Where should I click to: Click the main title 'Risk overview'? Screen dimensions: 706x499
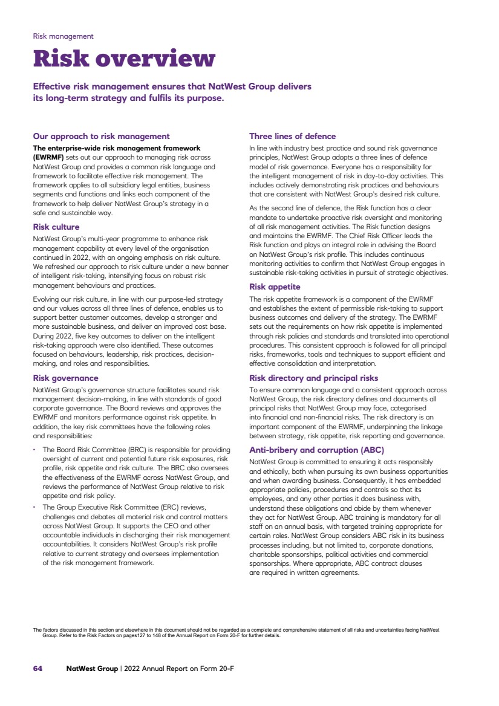[x=124, y=59]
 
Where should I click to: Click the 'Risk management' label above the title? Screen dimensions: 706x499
[x=63, y=36]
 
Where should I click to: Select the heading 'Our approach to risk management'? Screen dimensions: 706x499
[x=101, y=137]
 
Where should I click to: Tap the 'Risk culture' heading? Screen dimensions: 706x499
[x=56, y=227]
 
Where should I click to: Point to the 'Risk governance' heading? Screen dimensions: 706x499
[x=65, y=378]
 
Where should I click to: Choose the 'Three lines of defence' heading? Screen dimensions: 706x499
[x=292, y=137]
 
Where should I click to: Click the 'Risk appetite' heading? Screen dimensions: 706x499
[x=275, y=287]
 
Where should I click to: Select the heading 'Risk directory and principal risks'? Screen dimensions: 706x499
[x=314, y=378]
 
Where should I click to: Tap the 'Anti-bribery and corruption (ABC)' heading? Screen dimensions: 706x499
[x=317, y=450]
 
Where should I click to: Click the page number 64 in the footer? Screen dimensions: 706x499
[x=38, y=669]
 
